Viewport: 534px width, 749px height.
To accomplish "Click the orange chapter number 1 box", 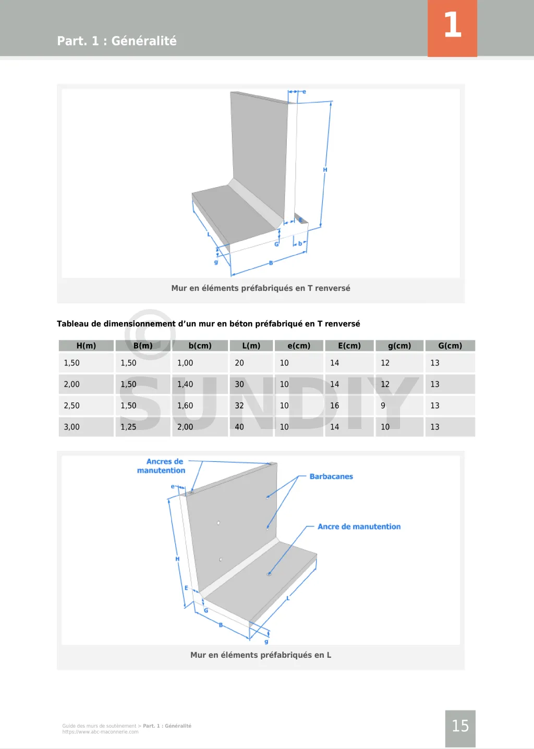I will (452, 28).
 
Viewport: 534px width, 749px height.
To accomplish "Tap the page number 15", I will (460, 726).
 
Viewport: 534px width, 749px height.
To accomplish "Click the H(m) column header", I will (86, 346).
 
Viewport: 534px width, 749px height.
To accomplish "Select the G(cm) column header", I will (450, 346).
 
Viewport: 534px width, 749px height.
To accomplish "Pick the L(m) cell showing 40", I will (239, 427).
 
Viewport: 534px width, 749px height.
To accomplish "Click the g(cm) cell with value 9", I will (383, 406).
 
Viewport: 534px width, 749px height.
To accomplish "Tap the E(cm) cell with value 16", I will (335, 406).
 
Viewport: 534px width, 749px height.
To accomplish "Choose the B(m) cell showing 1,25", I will (128, 427).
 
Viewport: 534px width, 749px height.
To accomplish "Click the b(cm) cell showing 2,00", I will (185, 427).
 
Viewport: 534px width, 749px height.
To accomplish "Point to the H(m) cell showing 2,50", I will (72, 406).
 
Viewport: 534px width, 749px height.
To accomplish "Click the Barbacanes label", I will (331, 476).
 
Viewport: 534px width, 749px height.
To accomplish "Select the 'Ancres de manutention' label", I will (162, 466).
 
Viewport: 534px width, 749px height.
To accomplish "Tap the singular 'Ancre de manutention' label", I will (359, 526).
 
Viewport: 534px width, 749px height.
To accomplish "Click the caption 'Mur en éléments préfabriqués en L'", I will (261, 655).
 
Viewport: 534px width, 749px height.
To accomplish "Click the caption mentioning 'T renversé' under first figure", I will (261, 288).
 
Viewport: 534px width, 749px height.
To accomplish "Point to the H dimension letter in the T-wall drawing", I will (325, 170).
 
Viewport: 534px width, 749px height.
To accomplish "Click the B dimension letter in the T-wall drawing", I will (271, 263).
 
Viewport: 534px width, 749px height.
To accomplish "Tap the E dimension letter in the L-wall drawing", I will (186, 588).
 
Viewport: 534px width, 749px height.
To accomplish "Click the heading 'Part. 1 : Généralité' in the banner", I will (117, 41).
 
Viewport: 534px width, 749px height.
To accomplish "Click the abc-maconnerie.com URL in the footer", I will (101, 732).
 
